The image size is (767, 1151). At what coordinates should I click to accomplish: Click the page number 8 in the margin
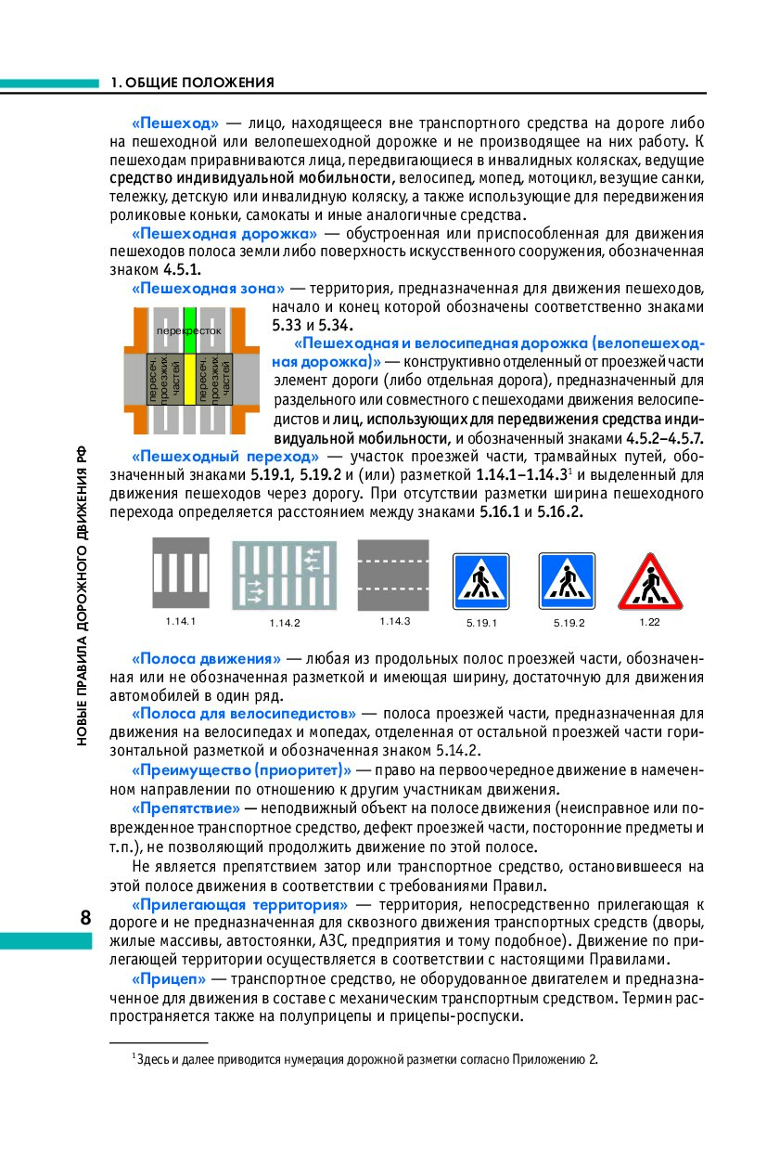coord(84,918)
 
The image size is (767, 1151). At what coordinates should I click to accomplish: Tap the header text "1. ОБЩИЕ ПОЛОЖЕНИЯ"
coord(192,83)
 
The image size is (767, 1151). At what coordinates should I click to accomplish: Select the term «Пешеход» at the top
coord(175,123)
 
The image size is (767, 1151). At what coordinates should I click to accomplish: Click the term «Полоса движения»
coord(206,658)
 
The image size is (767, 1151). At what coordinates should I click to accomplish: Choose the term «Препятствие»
coord(185,808)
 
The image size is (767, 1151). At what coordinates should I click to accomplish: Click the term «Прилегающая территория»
coord(239,903)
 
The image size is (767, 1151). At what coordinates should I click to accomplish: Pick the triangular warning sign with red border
coord(650,581)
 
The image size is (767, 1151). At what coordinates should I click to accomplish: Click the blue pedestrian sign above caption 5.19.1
coord(480,582)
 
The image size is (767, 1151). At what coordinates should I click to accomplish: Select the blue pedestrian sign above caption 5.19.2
coord(567,582)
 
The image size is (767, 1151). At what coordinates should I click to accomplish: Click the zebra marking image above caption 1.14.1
coord(181,573)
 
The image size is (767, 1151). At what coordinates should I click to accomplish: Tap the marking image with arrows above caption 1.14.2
coord(283,575)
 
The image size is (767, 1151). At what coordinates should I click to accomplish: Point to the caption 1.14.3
coord(394,620)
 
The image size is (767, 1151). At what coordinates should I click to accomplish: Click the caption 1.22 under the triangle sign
coord(649,620)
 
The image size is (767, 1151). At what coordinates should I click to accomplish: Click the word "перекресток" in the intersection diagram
coord(189,330)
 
